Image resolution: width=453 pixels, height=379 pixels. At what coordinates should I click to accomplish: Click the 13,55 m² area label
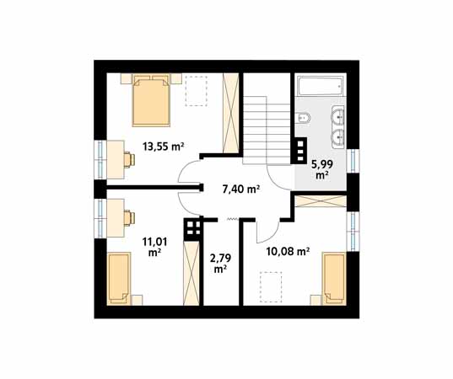(163, 147)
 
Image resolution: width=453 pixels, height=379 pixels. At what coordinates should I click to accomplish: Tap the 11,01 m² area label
(154, 247)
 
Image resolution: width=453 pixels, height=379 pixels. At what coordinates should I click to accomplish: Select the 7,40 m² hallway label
(241, 189)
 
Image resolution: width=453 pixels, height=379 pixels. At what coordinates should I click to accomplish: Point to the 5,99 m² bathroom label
(322, 169)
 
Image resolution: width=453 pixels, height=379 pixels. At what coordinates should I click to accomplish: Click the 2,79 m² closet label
(220, 264)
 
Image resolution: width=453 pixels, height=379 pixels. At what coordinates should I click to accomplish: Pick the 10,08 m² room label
(288, 252)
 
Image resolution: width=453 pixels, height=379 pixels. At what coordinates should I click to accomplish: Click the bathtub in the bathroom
(321, 86)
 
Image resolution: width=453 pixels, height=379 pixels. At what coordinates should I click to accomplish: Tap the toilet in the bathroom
(303, 117)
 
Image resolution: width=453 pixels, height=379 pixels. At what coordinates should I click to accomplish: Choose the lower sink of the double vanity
(338, 139)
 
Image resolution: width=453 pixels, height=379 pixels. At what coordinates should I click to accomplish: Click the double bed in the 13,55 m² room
(151, 100)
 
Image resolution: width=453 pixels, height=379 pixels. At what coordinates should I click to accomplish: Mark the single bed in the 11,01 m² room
(119, 278)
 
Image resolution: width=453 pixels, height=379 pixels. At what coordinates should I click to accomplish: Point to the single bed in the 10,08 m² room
(334, 279)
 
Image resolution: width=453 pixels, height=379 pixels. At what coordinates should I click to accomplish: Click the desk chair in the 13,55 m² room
(129, 160)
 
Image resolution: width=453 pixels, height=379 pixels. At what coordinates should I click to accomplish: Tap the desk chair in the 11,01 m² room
(129, 218)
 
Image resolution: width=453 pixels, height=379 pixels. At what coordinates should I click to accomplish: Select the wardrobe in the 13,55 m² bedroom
(231, 113)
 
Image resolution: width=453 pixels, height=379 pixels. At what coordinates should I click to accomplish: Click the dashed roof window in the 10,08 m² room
(271, 287)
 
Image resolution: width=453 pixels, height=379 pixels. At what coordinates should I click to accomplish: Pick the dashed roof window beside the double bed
(197, 91)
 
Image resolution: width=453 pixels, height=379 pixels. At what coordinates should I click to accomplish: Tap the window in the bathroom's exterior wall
(353, 161)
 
